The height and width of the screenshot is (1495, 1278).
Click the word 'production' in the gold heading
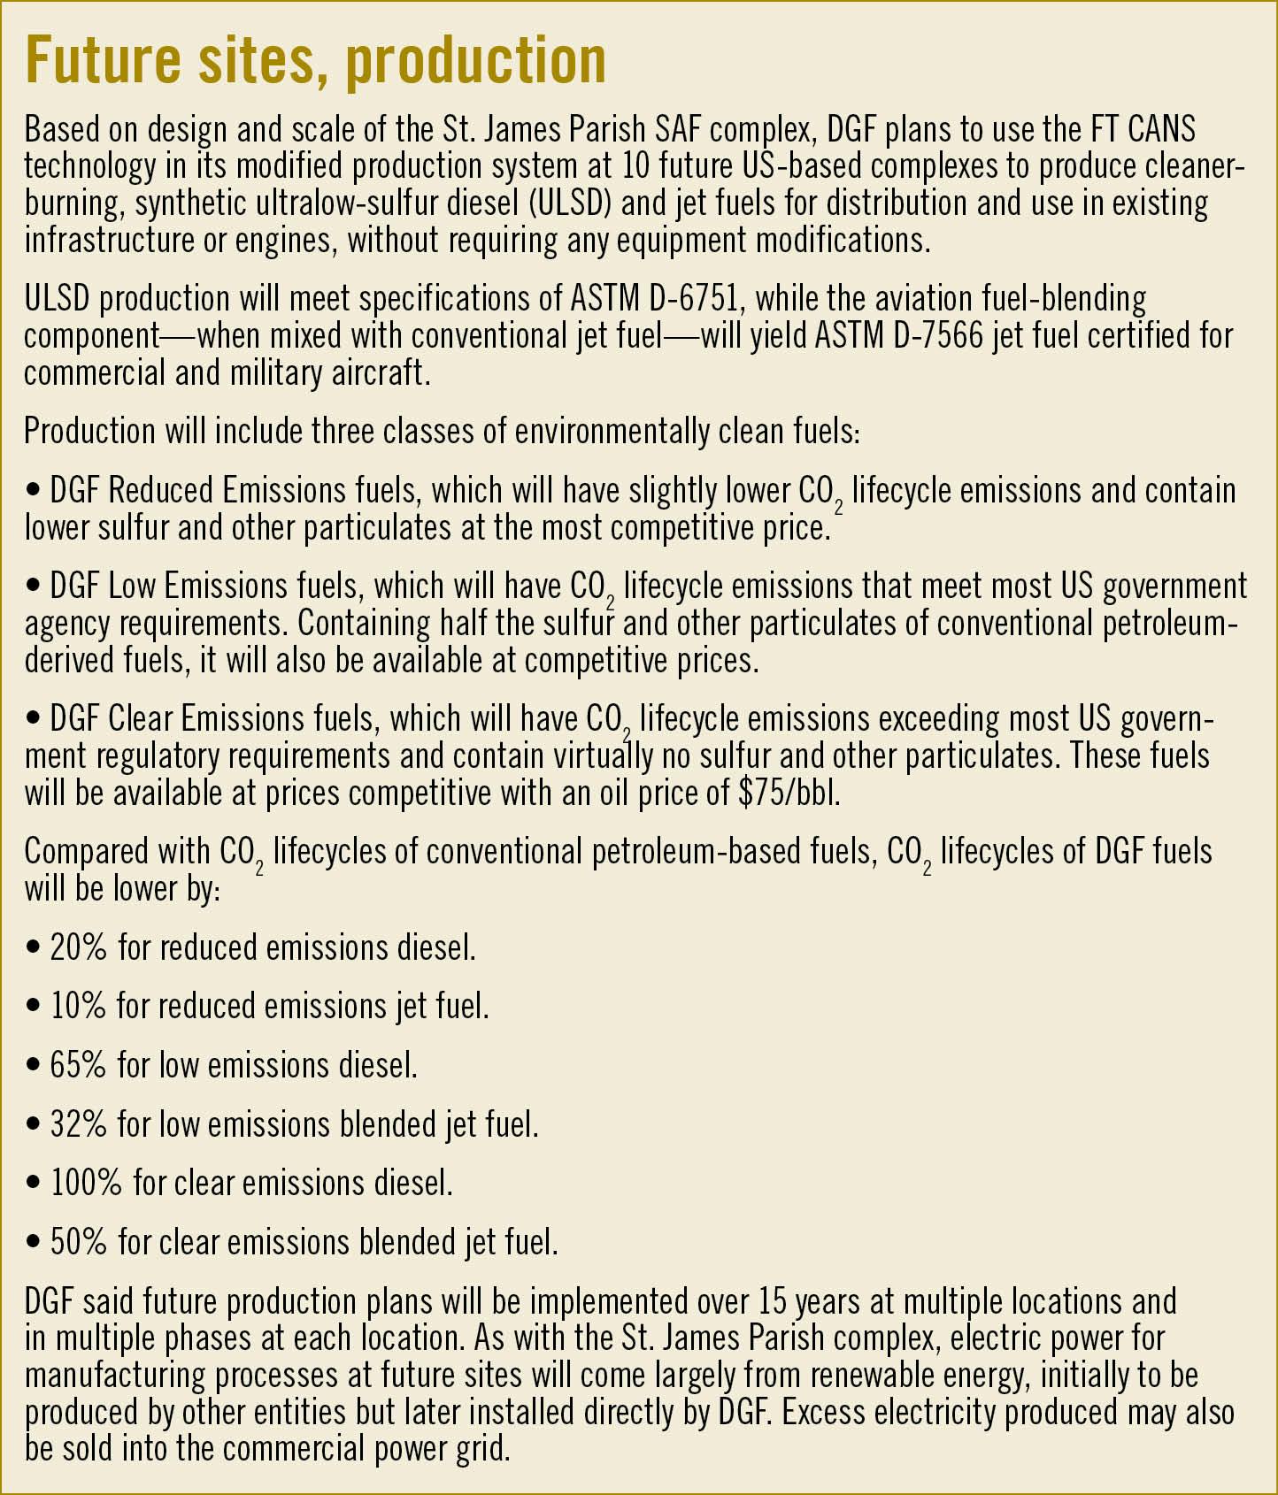pyautogui.click(x=475, y=61)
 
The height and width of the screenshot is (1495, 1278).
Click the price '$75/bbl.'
pyautogui.click(x=789, y=793)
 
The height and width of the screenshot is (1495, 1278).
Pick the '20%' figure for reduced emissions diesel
pyautogui.click(x=79, y=947)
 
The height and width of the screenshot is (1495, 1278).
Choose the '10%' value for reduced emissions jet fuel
pyautogui.click(x=78, y=1006)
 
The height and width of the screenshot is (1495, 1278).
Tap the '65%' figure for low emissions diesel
pyautogui.click(x=78, y=1065)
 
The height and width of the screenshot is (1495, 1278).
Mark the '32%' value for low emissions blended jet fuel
pyautogui.click(x=78, y=1124)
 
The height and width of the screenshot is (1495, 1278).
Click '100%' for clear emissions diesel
pyautogui.click(x=86, y=1183)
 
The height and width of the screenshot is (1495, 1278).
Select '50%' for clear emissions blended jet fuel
pyautogui.click(x=78, y=1242)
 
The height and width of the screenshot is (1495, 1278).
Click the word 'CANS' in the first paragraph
pyautogui.click(x=1161, y=129)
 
